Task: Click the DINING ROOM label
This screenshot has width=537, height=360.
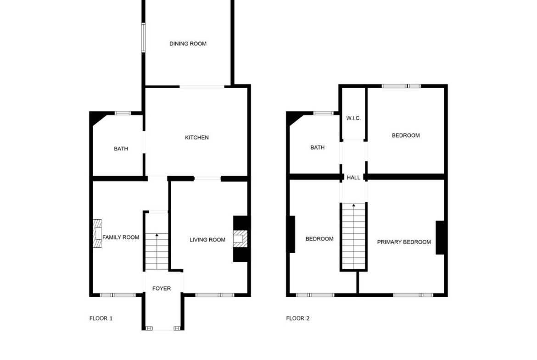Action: [188, 44]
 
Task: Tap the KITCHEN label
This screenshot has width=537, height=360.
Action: [196, 138]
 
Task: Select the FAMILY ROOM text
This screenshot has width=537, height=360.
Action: [121, 238]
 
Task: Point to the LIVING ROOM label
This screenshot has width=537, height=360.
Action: [207, 240]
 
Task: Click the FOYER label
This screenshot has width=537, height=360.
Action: [161, 288]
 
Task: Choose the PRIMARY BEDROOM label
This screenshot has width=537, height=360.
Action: [404, 242]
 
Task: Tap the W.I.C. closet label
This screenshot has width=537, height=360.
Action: [353, 118]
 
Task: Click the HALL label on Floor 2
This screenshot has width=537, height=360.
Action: [353, 177]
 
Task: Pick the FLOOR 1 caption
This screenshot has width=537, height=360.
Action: [101, 319]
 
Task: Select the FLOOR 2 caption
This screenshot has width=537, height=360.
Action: [297, 319]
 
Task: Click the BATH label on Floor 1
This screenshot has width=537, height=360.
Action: [121, 149]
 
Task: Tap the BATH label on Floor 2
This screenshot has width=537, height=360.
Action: [318, 148]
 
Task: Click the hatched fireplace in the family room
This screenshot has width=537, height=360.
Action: [97, 233]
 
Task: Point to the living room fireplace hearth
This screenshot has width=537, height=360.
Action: [240, 238]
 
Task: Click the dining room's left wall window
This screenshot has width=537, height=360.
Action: [144, 38]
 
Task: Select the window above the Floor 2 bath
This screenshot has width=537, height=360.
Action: [323, 113]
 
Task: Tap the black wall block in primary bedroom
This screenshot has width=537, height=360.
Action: [440, 238]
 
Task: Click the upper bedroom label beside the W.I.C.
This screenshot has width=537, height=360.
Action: [405, 135]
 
